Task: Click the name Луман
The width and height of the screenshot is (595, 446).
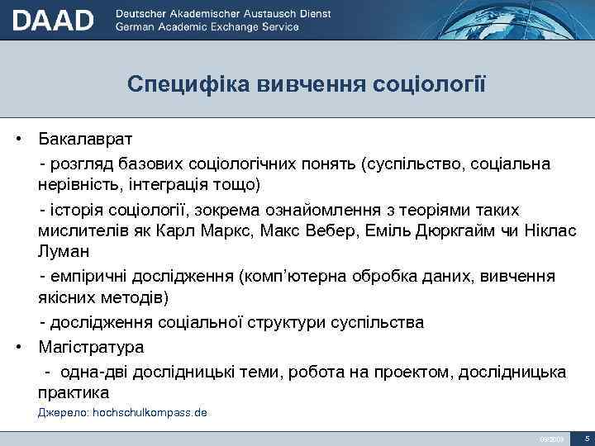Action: [64, 249]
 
